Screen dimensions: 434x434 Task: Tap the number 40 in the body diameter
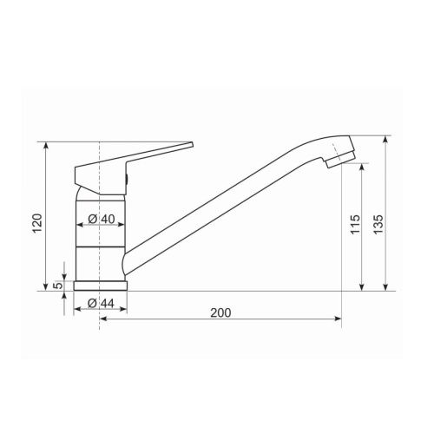coord(108,219)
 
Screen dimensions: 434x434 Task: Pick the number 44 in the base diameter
coord(108,304)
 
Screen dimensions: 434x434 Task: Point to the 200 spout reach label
coord(220,312)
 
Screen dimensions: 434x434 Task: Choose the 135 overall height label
coord(378,223)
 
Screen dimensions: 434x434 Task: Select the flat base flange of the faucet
coord(102,285)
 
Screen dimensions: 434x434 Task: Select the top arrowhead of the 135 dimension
coord(385,139)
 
